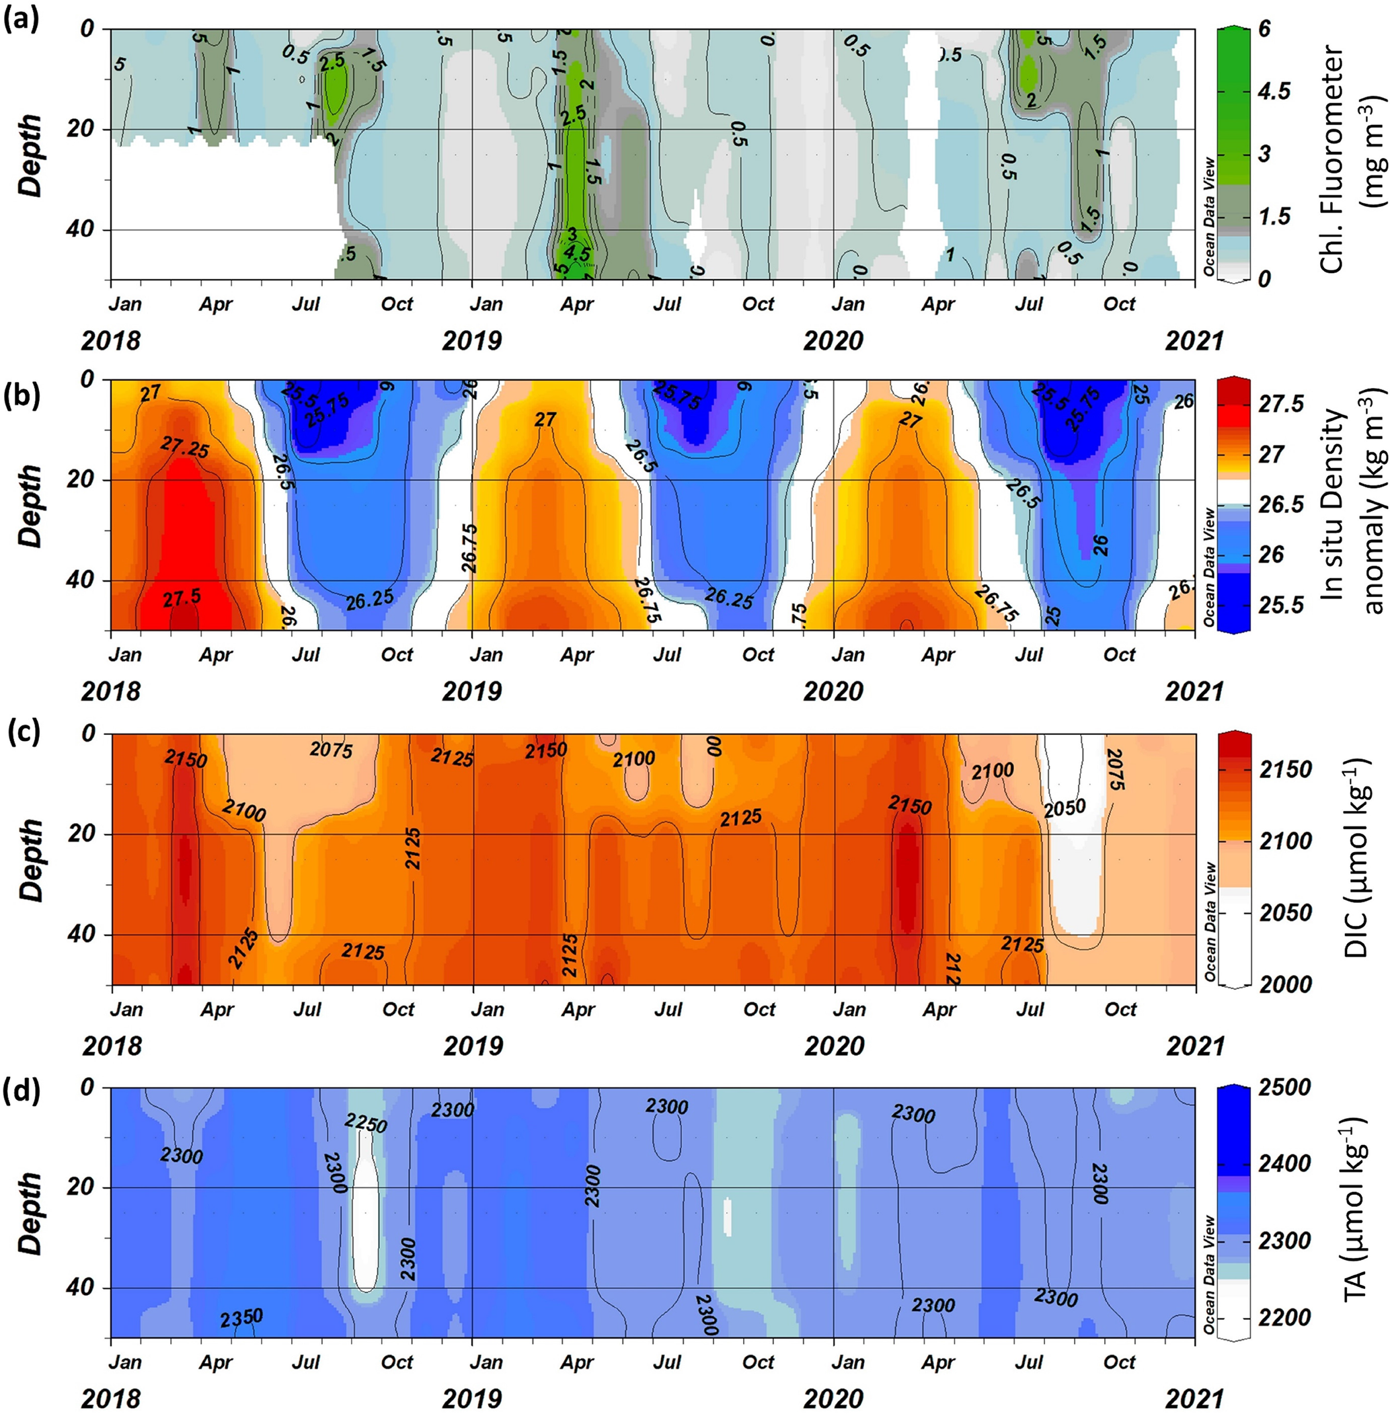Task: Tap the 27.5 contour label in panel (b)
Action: click(182, 598)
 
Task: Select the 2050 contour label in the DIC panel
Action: click(1065, 808)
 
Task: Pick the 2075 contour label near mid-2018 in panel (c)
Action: click(331, 750)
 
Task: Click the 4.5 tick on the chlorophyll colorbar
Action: click(1273, 91)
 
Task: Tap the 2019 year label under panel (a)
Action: click(471, 340)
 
